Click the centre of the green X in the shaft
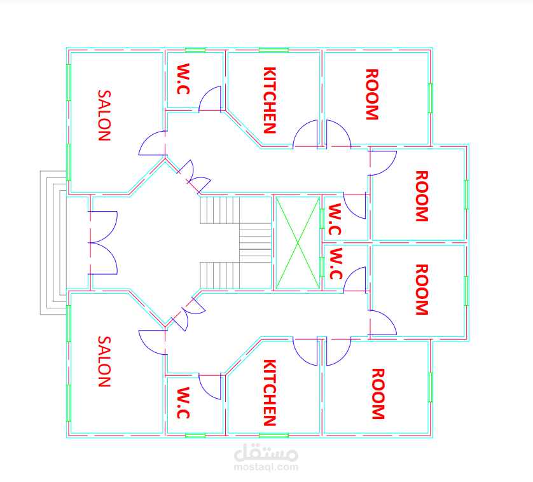pos(298,243)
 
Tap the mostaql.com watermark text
pos(266,467)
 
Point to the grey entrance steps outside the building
pos(53,243)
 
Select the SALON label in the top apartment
pos(104,116)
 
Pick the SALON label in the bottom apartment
pos(104,362)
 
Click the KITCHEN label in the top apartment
pos(270,100)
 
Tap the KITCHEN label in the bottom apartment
pos(270,392)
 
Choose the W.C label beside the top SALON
pos(183,79)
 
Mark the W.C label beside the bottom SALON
pos(183,403)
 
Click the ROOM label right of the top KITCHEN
pos(372,95)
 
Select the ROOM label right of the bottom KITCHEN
pos(378,394)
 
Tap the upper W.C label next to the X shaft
pos(335,219)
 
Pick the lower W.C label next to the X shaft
pos(336,264)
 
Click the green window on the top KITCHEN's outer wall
pos(273,50)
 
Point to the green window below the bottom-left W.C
pos(195,436)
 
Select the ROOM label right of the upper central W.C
pos(422,196)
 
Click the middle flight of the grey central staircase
pos(255,243)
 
